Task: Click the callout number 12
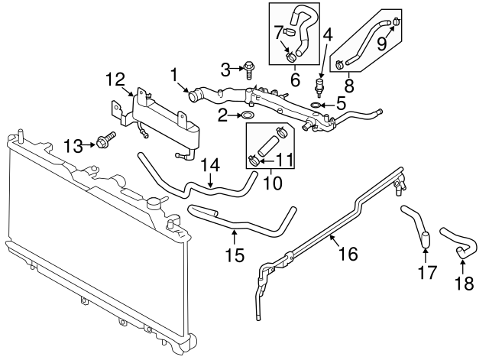(114, 79)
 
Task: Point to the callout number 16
(348, 254)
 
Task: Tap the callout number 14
(210, 164)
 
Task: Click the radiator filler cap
(157, 203)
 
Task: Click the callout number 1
(175, 75)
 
